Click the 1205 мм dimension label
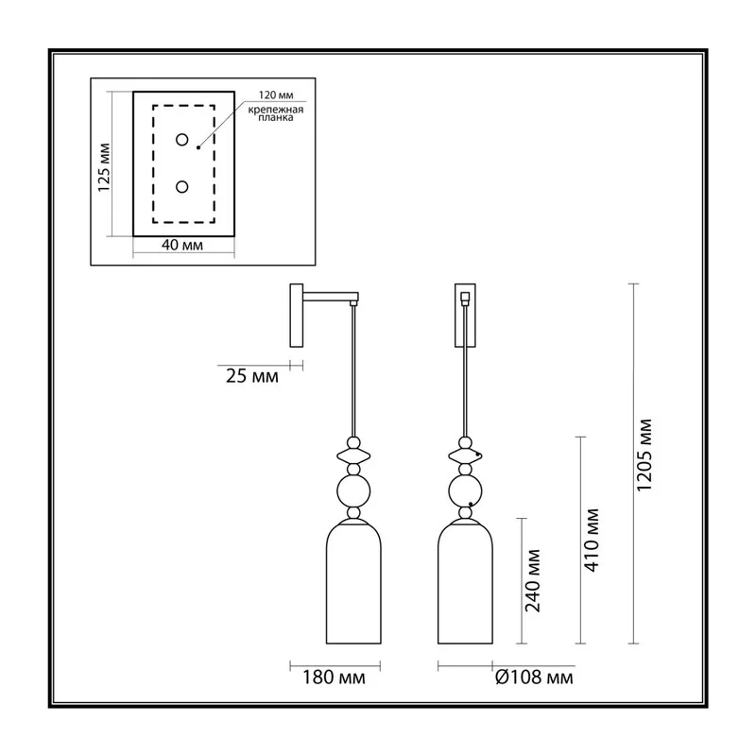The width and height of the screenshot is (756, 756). [x=644, y=455]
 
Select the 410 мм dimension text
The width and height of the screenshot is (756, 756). [x=592, y=540]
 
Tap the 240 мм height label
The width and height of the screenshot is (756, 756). [x=533, y=580]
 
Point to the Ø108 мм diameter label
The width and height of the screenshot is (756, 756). [x=534, y=678]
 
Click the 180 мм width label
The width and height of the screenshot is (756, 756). [x=334, y=678]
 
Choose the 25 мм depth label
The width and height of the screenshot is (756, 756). [x=251, y=376]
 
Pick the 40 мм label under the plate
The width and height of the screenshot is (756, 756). [x=181, y=245]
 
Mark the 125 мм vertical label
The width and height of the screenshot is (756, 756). [x=104, y=168]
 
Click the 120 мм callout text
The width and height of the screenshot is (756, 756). [x=276, y=95]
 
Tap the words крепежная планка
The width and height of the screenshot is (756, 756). [x=276, y=113]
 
